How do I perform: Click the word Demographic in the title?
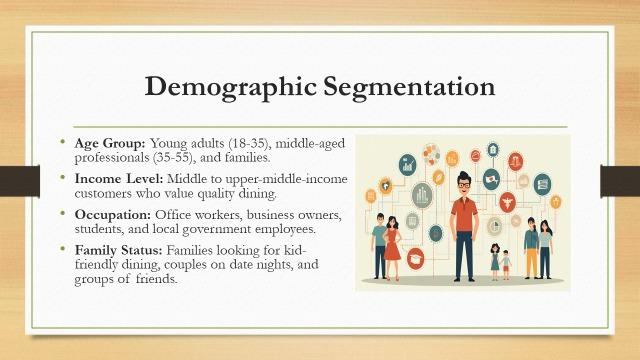(x=230, y=88)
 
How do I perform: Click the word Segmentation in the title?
(x=409, y=88)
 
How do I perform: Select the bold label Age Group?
(x=110, y=144)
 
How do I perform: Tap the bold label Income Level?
(x=119, y=179)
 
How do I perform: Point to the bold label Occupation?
(x=113, y=215)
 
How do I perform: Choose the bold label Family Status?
(x=118, y=250)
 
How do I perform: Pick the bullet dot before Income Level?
(x=62, y=178)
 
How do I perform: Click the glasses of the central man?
(x=464, y=184)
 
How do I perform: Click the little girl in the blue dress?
(x=495, y=262)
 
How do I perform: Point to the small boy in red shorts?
(x=506, y=265)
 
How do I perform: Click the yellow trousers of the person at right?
(x=531, y=262)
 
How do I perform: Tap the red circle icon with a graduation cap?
(x=416, y=258)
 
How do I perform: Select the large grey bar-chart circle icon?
(x=422, y=196)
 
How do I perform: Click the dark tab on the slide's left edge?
(x=20, y=181)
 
